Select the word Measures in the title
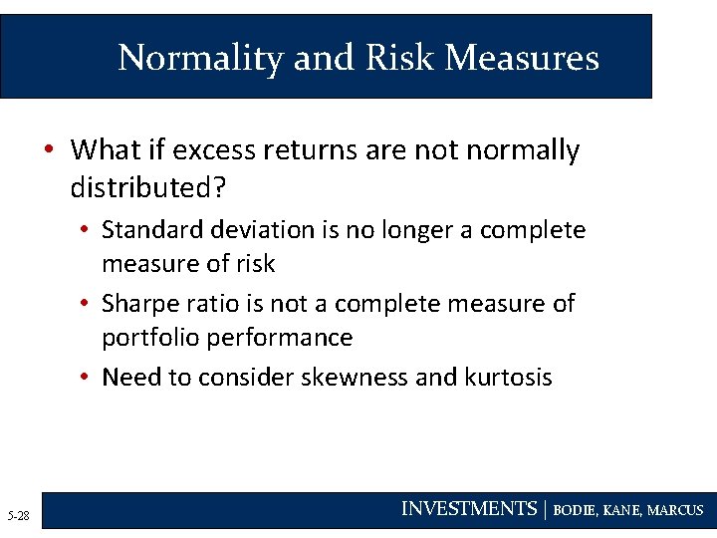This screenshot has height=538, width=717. (x=522, y=58)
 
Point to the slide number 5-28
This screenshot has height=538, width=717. (x=18, y=515)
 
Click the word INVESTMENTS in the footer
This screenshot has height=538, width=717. (x=468, y=509)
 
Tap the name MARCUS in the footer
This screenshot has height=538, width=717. (x=675, y=510)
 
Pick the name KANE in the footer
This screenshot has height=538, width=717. (x=621, y=510)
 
